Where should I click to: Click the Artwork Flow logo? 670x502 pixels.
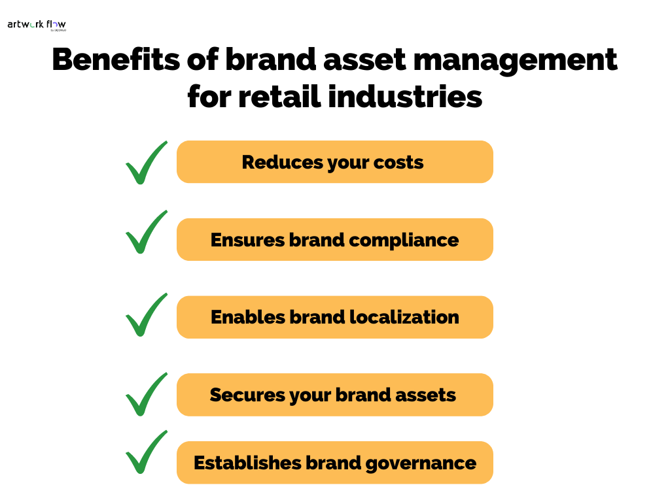tap(37, 25)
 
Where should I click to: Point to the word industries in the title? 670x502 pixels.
tap(405, 97)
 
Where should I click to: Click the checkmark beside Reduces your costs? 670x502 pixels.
tap(146, 163)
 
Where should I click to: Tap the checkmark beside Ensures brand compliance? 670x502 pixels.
tap(146, 232)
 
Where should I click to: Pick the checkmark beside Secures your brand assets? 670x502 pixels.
tap(146, 394)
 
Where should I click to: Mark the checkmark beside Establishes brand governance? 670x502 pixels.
tap(146, 452)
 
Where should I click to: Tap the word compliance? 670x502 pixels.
tap(404, 241)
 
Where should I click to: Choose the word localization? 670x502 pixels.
tap(404, 318)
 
